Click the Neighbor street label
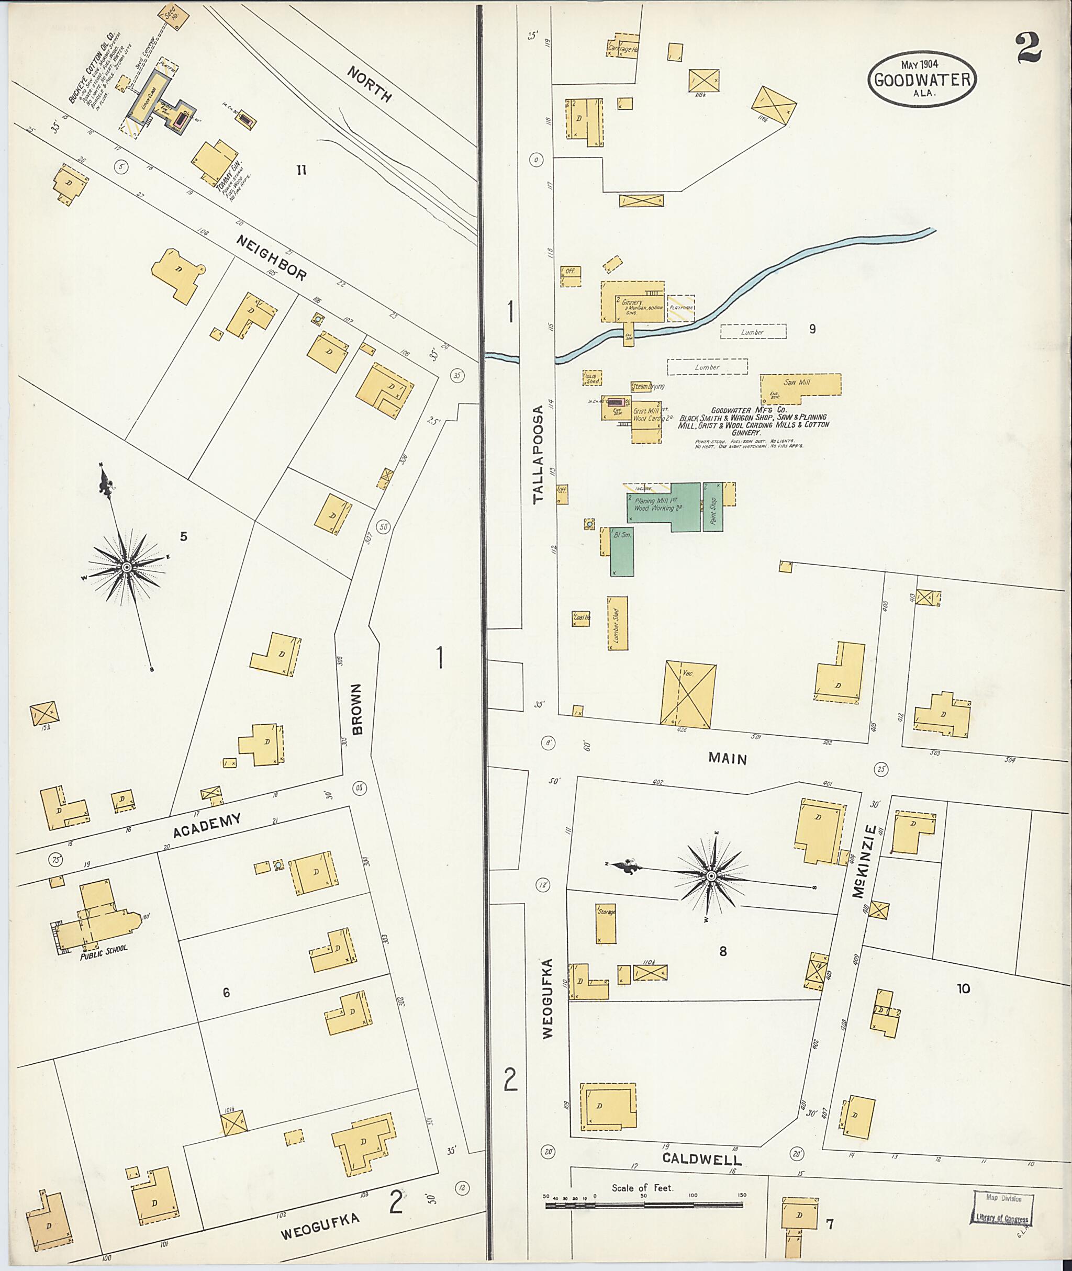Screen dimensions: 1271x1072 [272, 259]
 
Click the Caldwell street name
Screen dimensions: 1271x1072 [702, 1158]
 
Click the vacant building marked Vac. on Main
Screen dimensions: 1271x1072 [688, 693]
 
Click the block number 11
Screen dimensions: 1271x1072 [301, 171]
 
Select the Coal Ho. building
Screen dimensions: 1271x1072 [581, 618]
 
